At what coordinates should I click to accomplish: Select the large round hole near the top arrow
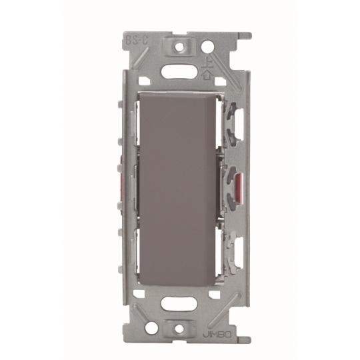209,47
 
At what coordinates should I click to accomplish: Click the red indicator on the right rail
239,179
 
